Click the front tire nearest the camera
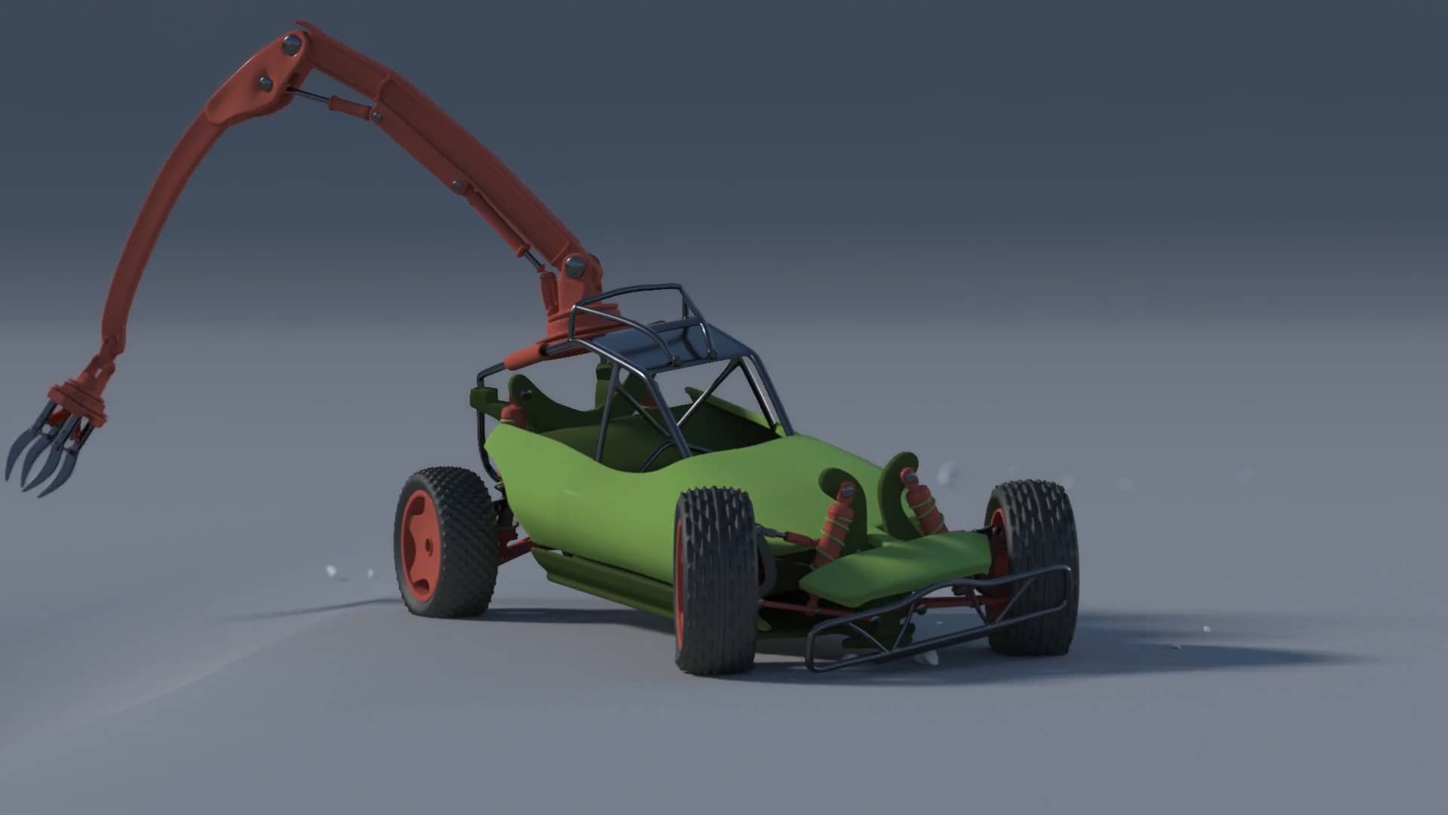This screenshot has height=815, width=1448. [715, 581]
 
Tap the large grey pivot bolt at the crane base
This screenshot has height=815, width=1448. [576, 266]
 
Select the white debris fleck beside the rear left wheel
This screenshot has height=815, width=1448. [330, 570]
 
